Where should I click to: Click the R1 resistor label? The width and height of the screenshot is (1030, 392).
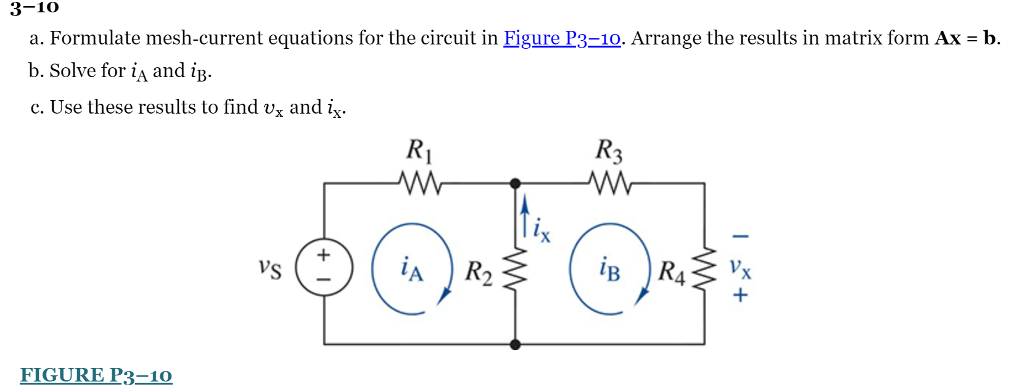(419, 150)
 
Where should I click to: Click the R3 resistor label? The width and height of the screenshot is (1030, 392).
(609, 150)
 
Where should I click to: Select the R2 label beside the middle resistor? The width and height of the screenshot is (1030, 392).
(479, 272)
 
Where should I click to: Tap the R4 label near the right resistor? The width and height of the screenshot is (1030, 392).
(672, 272)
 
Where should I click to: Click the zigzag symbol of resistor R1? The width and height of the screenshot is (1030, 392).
(419, 183)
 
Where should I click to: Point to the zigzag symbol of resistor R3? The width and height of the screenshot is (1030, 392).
(609, 183)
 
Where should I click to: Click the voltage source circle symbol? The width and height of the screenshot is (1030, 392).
(324, 268)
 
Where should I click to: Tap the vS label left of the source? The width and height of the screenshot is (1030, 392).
(270, 269)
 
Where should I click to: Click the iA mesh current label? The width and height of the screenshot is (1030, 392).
(411, 269)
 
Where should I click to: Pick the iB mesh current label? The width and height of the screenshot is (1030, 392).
(609, 269)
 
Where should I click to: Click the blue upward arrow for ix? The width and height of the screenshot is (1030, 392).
(524, 216)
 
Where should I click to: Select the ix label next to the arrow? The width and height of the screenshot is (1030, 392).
(542, 230)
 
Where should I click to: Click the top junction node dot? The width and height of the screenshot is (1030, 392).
(516, 183)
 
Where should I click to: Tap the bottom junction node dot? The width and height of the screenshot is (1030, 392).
(516, 344)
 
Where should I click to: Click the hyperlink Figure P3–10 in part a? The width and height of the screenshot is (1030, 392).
(562, 38)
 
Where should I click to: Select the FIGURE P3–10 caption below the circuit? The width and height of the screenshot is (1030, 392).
(96, 375)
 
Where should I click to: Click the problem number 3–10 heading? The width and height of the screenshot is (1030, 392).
(35, 7)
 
